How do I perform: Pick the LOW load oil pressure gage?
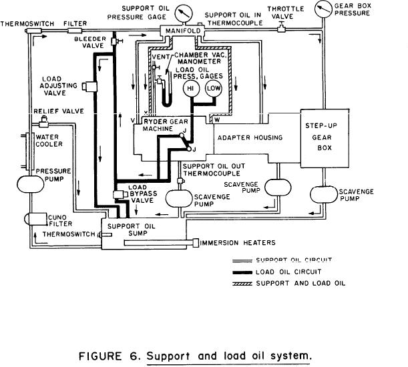pos(214,89)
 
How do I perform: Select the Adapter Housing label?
pos(258,137)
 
